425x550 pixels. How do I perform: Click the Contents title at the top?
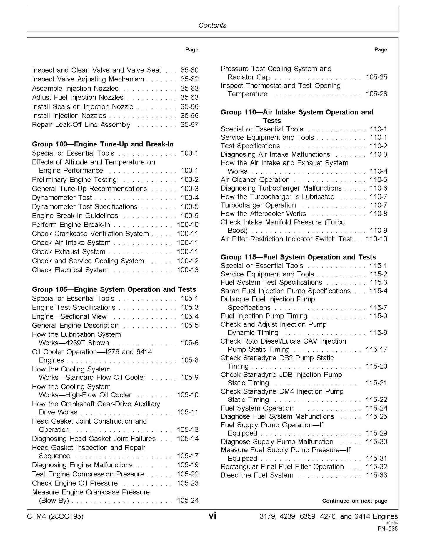click(x=212, y=25)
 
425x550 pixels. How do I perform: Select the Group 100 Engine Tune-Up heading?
click(x=103, y=144)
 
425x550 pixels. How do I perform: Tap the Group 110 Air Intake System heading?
click(x=297, y=116)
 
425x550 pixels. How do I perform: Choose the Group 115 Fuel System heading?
click(x=298, y=257)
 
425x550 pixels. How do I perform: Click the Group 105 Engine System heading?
click(x=114, y=289)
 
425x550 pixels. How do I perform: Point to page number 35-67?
click(x=189, y=125)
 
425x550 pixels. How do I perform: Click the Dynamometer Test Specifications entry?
click(x=85, y=207)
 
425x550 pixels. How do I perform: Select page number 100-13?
click(x=188, y=270)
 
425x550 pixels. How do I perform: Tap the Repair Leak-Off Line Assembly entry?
click(x=81, y=125)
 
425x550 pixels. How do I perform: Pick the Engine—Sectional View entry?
click(x=69, y=316)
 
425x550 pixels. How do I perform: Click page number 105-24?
click(x=188, y=500)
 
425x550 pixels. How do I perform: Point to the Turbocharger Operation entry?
click(x=258, y=205)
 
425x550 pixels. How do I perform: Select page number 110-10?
click(x=376, y=239)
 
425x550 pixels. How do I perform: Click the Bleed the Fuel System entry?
click(x=257, y=475)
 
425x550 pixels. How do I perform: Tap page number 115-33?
click(x=376, y=475)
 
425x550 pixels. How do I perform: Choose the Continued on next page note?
click(x=354, y=501)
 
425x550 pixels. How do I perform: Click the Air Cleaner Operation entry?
click(x=255, y=180)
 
